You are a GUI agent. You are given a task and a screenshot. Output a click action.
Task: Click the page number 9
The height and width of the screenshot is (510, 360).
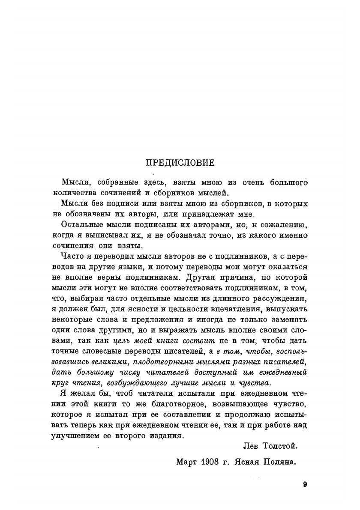[305, 485]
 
